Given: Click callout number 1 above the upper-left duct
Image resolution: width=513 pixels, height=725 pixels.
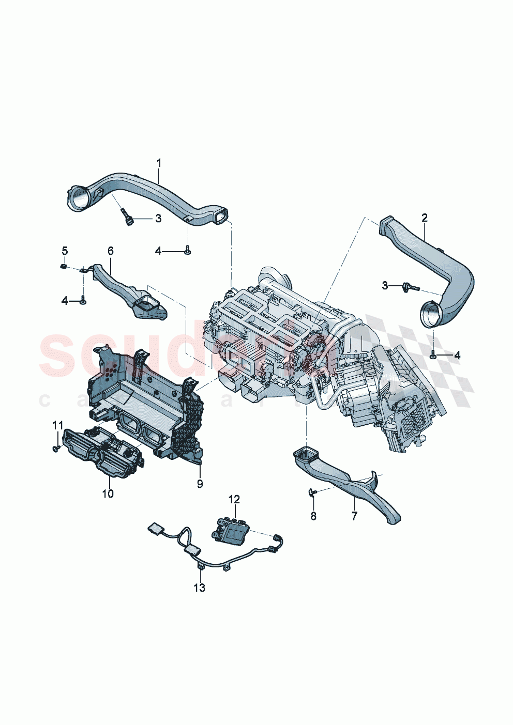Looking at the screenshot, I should pos(159,163).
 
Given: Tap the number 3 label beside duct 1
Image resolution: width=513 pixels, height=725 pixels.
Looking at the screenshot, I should pos(158,219).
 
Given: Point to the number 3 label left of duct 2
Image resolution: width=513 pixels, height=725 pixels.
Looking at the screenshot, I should pos(385,285).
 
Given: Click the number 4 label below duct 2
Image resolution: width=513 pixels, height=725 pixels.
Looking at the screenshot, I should pos(457,355).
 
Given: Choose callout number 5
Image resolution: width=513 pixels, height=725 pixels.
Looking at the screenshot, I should pos(65,251).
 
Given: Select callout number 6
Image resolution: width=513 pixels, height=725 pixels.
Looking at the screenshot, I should pos(111,251).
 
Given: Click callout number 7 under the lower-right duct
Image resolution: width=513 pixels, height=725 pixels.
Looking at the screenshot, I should pos(354,515).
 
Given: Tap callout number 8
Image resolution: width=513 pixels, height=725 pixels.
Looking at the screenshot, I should pos(313,515).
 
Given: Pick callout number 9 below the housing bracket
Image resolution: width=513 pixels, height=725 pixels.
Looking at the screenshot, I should pos(200,484).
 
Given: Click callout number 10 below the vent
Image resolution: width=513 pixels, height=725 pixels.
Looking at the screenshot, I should pos(108,493).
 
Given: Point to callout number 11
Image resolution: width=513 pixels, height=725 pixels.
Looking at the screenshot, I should pos(57,425).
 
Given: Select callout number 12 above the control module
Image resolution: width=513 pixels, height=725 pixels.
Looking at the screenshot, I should pos(234,499).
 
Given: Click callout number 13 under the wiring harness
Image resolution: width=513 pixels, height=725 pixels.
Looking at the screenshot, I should pos(199,588).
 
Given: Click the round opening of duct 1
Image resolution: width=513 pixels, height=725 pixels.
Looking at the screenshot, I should pos(79,198).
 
